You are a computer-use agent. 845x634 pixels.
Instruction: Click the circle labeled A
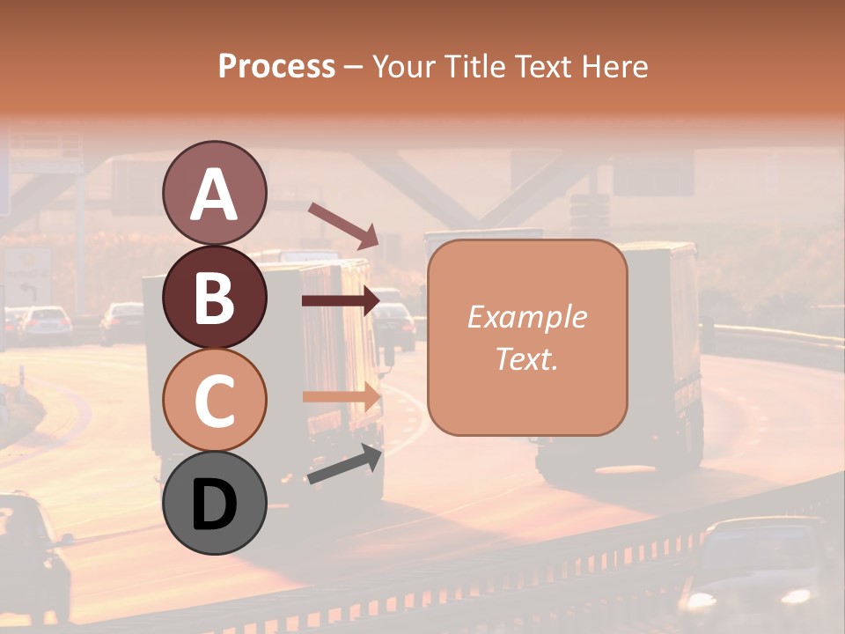(214, 194)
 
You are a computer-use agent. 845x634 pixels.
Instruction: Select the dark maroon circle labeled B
(214, 297)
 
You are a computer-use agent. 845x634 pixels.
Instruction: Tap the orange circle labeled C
(214, 400)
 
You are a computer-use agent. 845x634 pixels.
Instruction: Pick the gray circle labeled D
(214, 503)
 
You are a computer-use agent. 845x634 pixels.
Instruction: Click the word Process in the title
(276, 67)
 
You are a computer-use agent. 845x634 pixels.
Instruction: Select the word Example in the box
(526, 317)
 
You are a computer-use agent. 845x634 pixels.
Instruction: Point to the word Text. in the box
(526, 358)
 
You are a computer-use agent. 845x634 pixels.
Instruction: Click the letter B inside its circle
(214, 298)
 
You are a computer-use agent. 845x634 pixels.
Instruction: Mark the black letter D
(214, 505)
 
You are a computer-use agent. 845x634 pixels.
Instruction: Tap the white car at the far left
(45, 323)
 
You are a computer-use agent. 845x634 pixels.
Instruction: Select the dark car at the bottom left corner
(31, 555)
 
